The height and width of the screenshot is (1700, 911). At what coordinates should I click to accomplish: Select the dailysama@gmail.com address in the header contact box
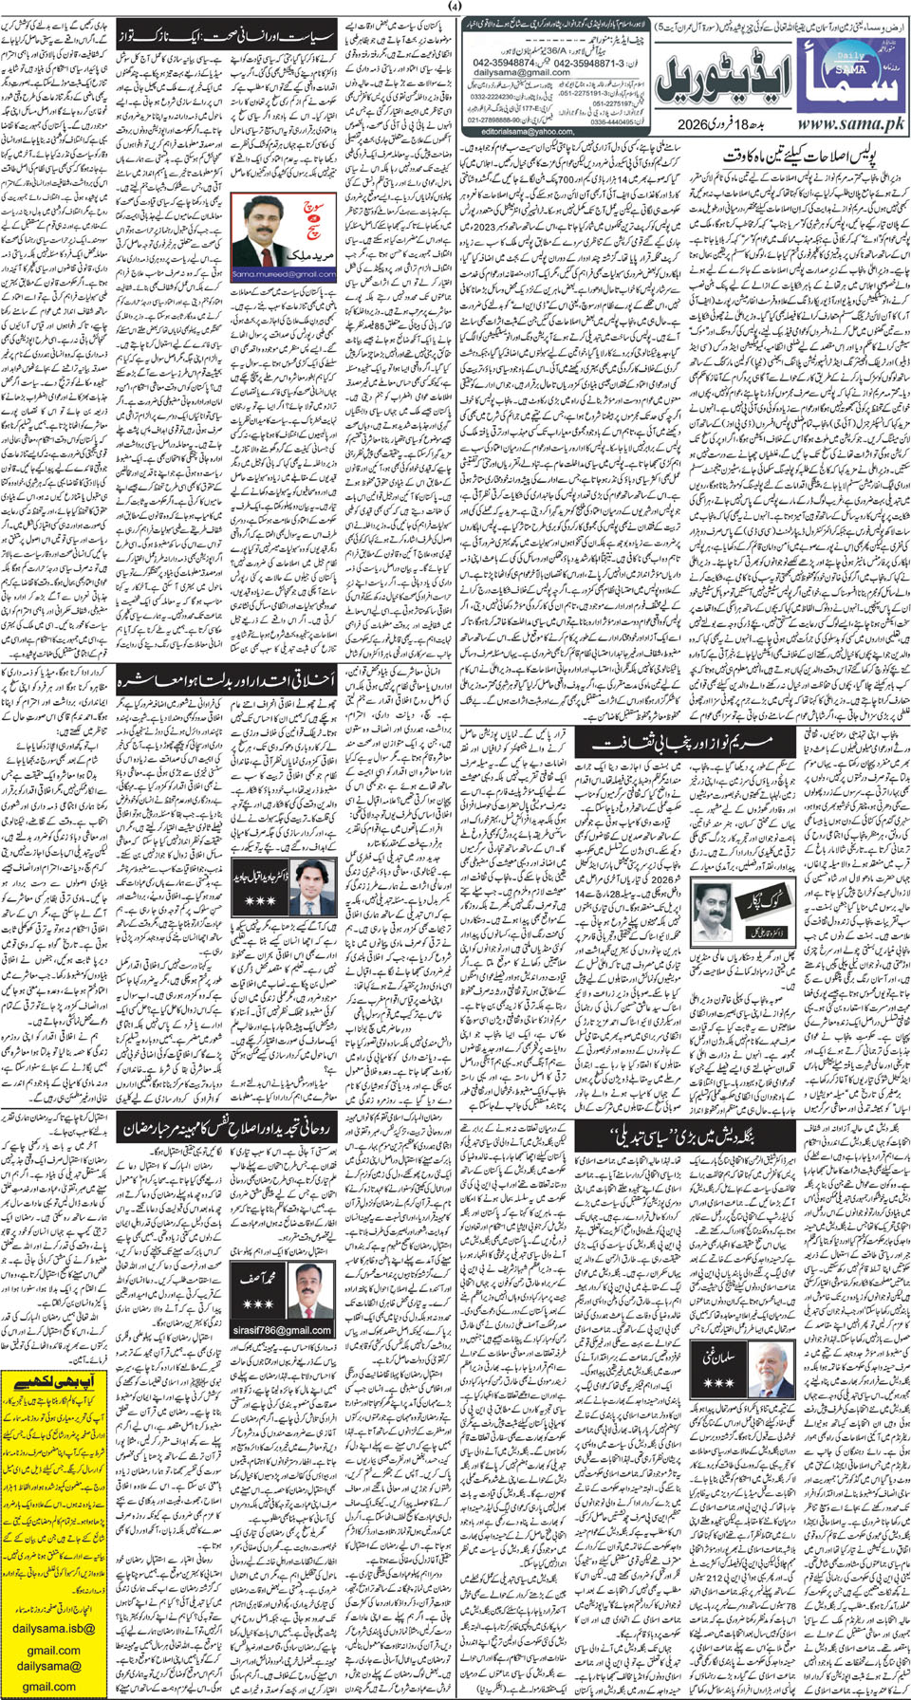point(522,72)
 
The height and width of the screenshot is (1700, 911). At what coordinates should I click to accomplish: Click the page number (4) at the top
point(455,9)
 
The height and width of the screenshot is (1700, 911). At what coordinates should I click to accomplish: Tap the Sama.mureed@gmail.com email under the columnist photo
point(270,274)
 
